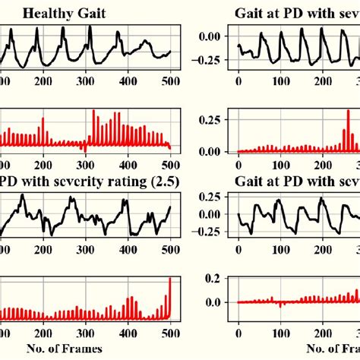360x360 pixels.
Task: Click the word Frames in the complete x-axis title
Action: click(84, 349)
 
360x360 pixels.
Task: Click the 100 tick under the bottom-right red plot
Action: click(282, 333)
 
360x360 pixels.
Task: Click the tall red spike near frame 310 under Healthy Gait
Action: click(93, 112)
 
